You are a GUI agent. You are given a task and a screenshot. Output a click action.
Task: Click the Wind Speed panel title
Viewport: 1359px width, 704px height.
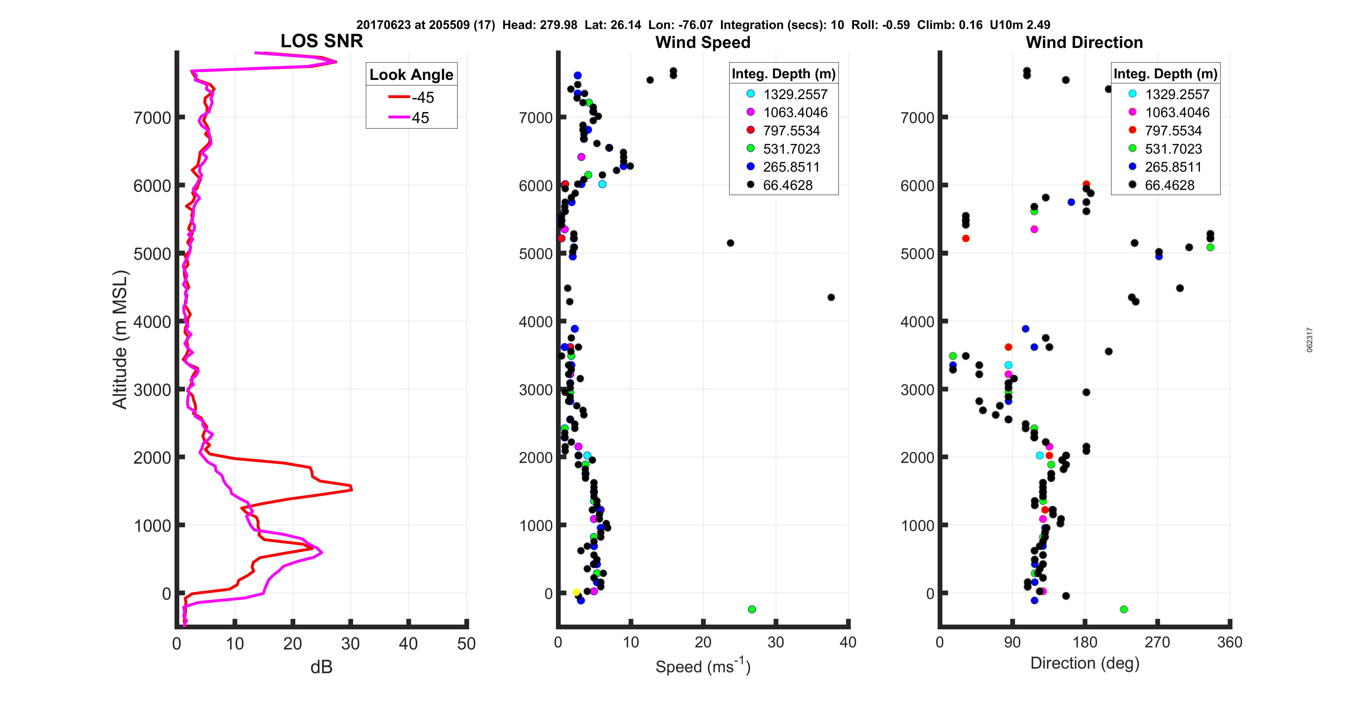[703, 42]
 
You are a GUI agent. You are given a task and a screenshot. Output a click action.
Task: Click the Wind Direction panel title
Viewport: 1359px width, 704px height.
[1084, 42]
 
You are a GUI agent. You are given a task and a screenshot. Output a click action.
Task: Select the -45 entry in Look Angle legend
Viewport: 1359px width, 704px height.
[412, 97]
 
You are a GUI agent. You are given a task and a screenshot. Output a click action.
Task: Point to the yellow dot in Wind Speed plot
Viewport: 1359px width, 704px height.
[576, 592]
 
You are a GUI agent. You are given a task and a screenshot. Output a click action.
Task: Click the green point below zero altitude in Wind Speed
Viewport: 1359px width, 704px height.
[752, 609]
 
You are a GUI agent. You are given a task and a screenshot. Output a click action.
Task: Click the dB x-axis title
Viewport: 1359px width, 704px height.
[321, 667]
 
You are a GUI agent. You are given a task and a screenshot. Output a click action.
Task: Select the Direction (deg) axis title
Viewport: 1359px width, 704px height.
[1085, 663]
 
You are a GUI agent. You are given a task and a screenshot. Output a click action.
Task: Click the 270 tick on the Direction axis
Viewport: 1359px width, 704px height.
[1158, 642]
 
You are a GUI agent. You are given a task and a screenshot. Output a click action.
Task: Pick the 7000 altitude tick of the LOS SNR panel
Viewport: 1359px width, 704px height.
[153, 118]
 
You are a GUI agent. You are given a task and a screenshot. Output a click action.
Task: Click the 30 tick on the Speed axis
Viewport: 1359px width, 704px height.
[775, 642]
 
